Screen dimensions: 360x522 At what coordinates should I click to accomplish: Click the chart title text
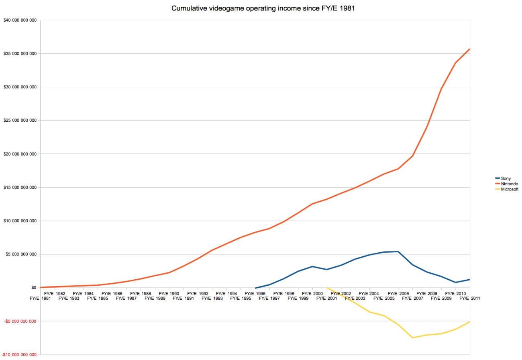point(263,8)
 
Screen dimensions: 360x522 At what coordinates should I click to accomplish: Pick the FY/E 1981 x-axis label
point(40,298)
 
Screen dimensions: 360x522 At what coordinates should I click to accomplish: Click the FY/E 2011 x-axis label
point(469,298)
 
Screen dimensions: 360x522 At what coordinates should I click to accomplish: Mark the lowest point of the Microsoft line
point(412,337)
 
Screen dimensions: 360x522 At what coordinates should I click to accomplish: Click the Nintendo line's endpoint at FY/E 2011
point(469,49)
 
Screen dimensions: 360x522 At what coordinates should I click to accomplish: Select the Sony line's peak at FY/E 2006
point(398,252)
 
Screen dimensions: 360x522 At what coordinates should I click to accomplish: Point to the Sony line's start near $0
point(255,288)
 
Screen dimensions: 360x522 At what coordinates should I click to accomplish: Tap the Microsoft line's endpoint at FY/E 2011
point(469,322)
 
